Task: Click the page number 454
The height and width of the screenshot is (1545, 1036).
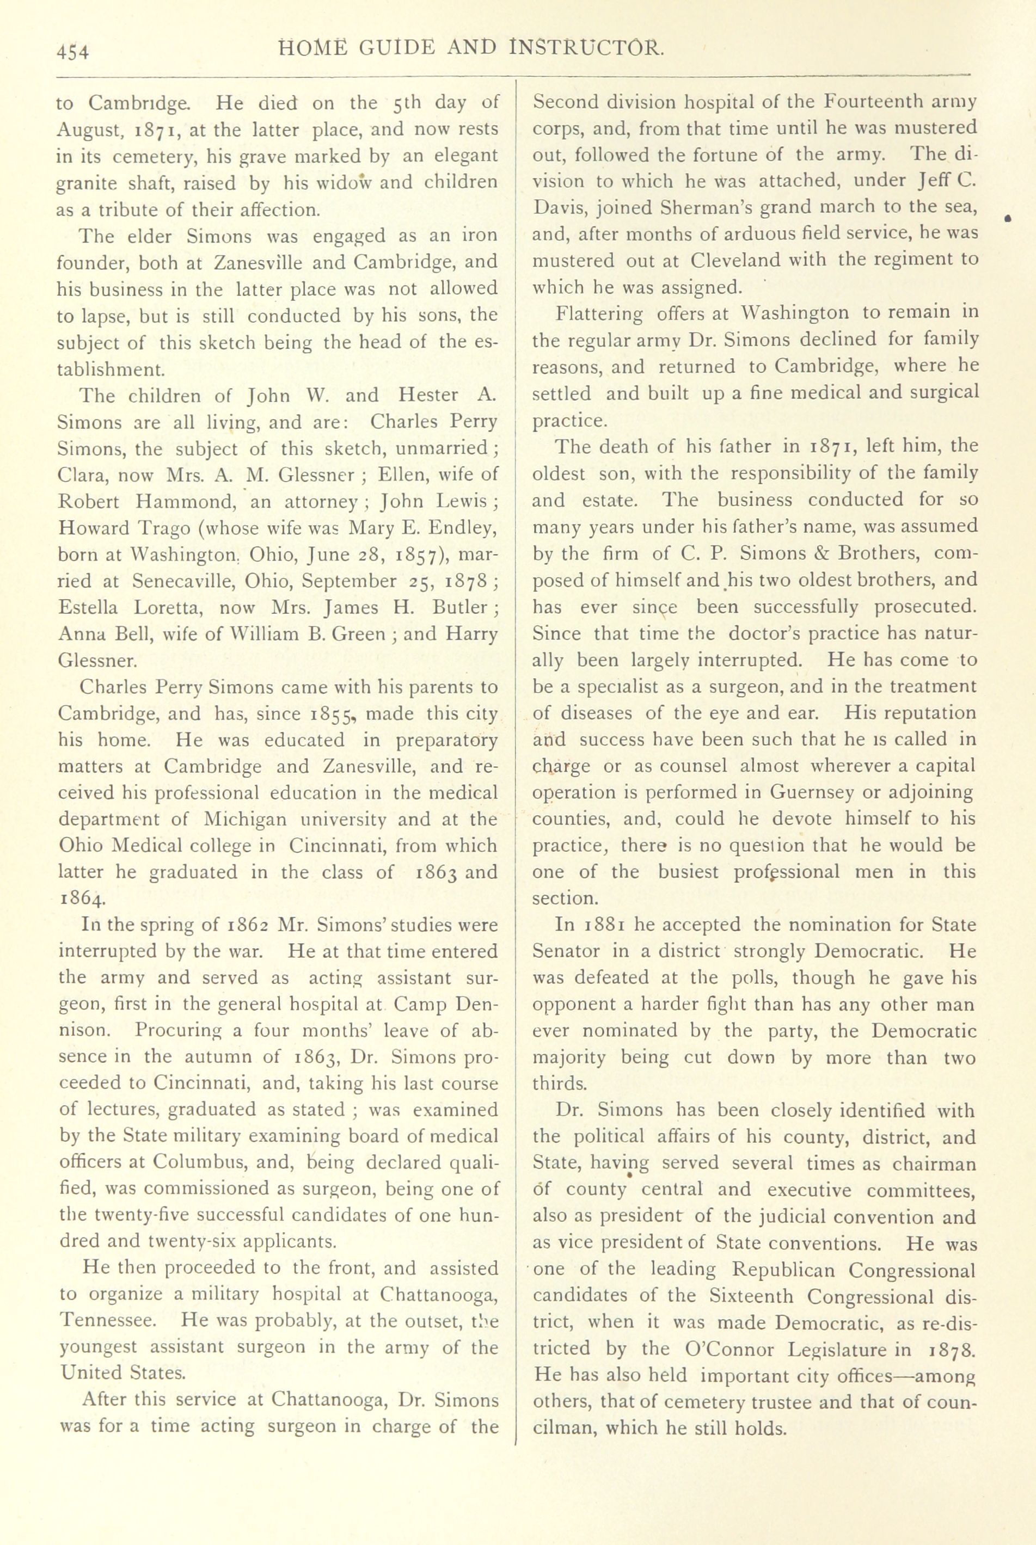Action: (x=73, y=51)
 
